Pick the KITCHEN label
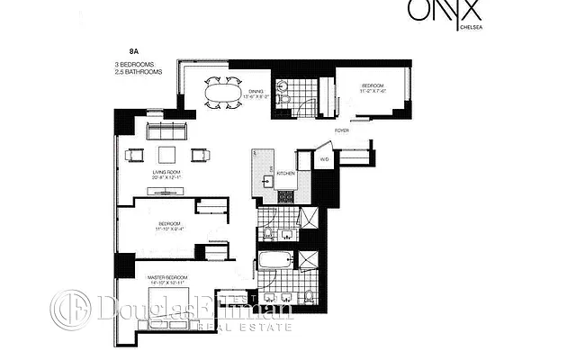[x=287, y=173]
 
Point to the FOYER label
[x=342, y=131]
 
